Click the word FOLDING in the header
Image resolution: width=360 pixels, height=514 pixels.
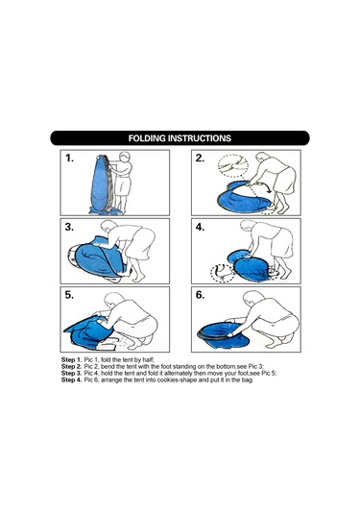point(147,138)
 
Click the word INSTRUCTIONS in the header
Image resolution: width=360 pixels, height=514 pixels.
point(200,138)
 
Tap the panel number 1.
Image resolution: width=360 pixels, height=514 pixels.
point(69,159)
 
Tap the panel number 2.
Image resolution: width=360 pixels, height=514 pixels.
point(200,159)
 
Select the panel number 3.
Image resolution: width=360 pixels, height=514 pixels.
point(69,227)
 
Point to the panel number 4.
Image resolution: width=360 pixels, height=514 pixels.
point(200,227)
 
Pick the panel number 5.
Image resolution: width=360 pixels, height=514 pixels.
point(69,295)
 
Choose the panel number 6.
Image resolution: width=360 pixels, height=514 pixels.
point(200,295)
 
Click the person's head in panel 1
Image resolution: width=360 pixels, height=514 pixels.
point(125,157)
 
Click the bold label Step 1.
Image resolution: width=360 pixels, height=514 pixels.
point(71,360)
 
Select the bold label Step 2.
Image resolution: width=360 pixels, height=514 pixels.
point(71,366)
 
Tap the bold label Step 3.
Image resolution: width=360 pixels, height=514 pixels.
point(71,374)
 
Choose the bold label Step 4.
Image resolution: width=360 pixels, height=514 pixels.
point(71,380)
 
